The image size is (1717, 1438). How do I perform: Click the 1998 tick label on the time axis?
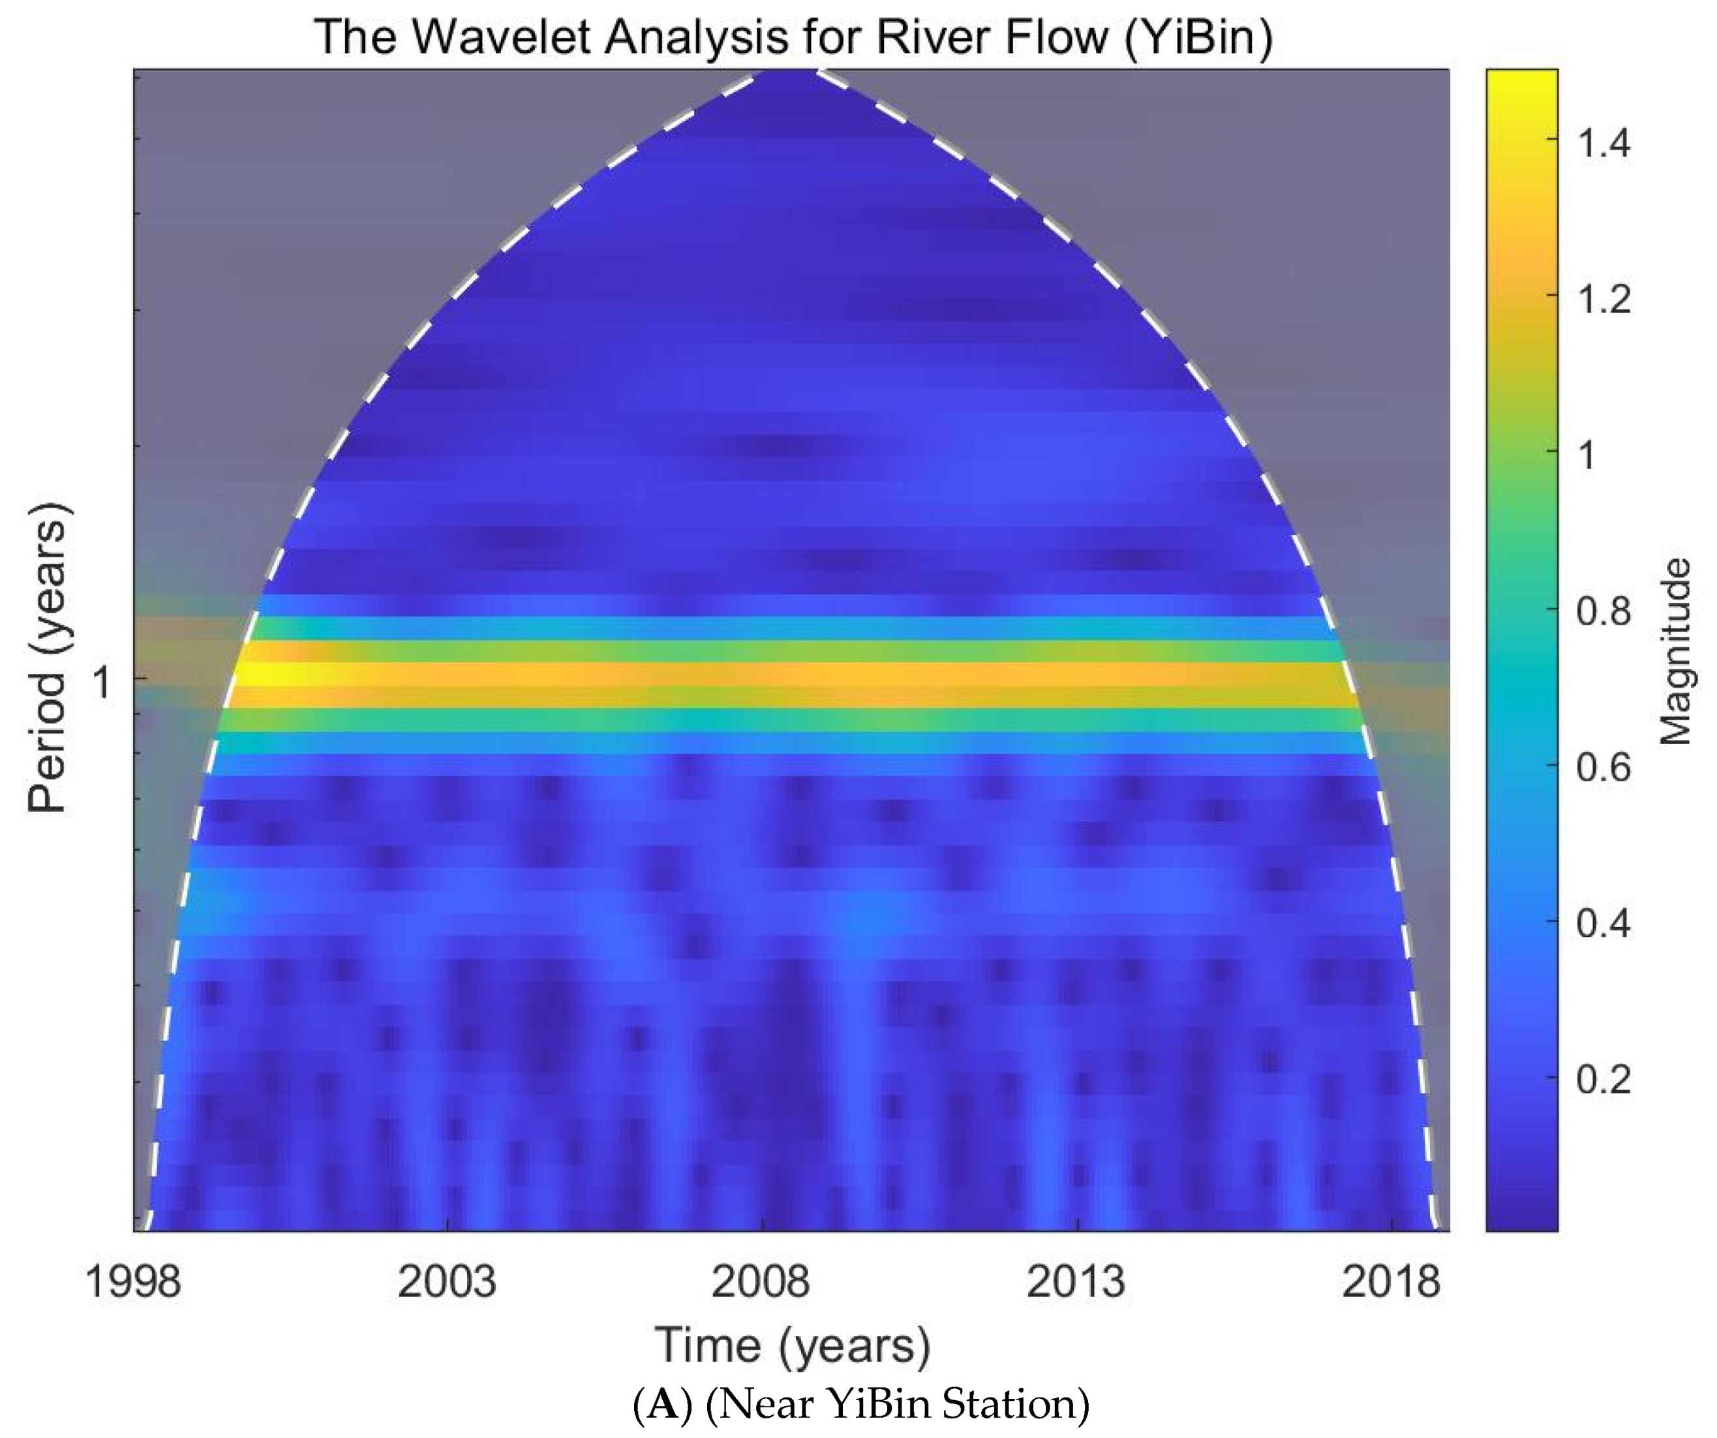coord(132,1281)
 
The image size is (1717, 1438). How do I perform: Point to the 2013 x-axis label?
coord(1075,1281)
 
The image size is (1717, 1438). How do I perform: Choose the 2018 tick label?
coord(1391,1281)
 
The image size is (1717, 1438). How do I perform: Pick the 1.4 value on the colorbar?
coord(1603,143)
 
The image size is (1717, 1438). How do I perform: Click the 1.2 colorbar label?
coord(1603,299)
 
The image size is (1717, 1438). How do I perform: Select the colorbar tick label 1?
coord(1587,455)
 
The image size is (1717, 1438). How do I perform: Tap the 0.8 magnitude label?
coord(1603,611)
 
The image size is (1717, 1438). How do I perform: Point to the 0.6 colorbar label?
coord(1603,767)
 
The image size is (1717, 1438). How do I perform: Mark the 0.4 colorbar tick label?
coord(1603,923)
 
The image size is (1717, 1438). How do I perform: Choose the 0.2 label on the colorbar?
coord(1603,1079)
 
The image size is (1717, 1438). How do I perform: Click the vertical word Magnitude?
coord(1676,652)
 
